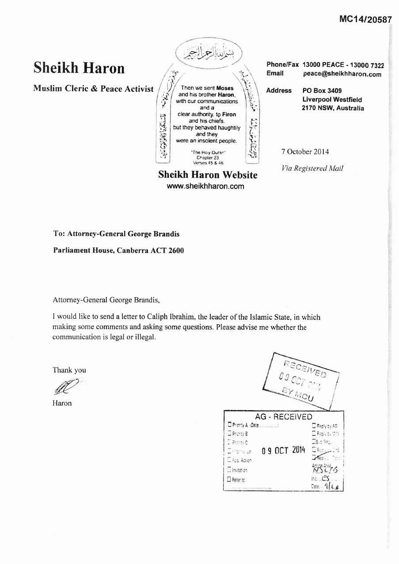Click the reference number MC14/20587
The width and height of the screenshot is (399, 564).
[x=365, y=19]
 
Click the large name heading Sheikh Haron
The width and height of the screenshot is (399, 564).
[x=79, y=68]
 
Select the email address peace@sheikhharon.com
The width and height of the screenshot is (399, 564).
[x=342, y=74]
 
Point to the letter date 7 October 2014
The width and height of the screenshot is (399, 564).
[x=305, y=152]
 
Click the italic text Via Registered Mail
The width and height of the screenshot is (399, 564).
[x=312, y=168]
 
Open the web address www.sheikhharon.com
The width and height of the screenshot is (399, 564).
[x=205, y=186]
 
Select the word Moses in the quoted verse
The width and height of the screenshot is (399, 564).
[x=225, y=88]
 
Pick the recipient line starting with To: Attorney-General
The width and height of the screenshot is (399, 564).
[x=116, y=234]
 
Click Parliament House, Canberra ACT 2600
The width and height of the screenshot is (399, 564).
[x=118, y=250]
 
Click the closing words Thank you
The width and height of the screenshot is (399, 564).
[x=69, y=370]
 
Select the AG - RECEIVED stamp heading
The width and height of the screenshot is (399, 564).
[x=283, y=416]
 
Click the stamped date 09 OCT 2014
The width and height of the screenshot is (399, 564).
[x=283, y=450]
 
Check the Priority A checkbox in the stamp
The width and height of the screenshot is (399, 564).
[x=229, y=425]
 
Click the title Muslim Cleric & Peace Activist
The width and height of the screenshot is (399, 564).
[x=94, y=89]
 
